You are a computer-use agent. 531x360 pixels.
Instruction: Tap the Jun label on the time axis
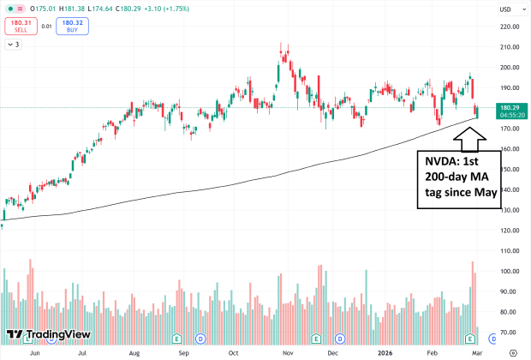click(x=34, y=351)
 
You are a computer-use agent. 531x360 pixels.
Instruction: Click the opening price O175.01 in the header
click(x=31, y=9)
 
